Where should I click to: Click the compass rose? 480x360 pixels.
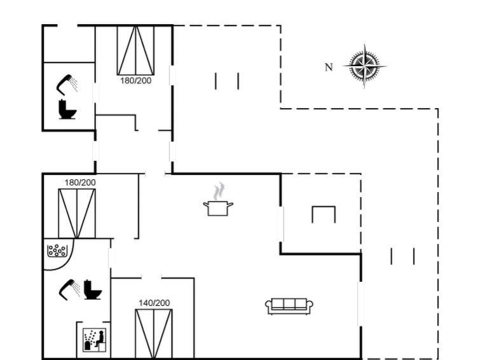click(x=364, y=66)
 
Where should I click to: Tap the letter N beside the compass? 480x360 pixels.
click(x=329, y=67)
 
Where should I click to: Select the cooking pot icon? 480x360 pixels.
click(x=218, y=208)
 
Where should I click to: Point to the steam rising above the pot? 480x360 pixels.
click(x=219, y=191)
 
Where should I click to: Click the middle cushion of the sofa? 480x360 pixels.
click(x=289, y=303)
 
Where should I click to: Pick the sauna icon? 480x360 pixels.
click(x=95, y=340)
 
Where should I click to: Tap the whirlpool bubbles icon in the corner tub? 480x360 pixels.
click(x=57, y=251)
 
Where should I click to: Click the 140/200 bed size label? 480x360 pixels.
click(x=154, y=303)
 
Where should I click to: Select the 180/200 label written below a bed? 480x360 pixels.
click(x=135, y=81)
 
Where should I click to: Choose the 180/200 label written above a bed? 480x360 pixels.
click(x=80, y=183)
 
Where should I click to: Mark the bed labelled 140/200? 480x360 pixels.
click(x=154, y=334)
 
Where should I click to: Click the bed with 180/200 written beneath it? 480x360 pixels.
click(x=135, y=50)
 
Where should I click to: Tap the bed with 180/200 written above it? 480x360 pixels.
click(x=77, y=213)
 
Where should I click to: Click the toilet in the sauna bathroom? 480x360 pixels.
click(x=92, y=289)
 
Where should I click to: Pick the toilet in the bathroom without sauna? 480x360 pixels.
click(x=67, y=109)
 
